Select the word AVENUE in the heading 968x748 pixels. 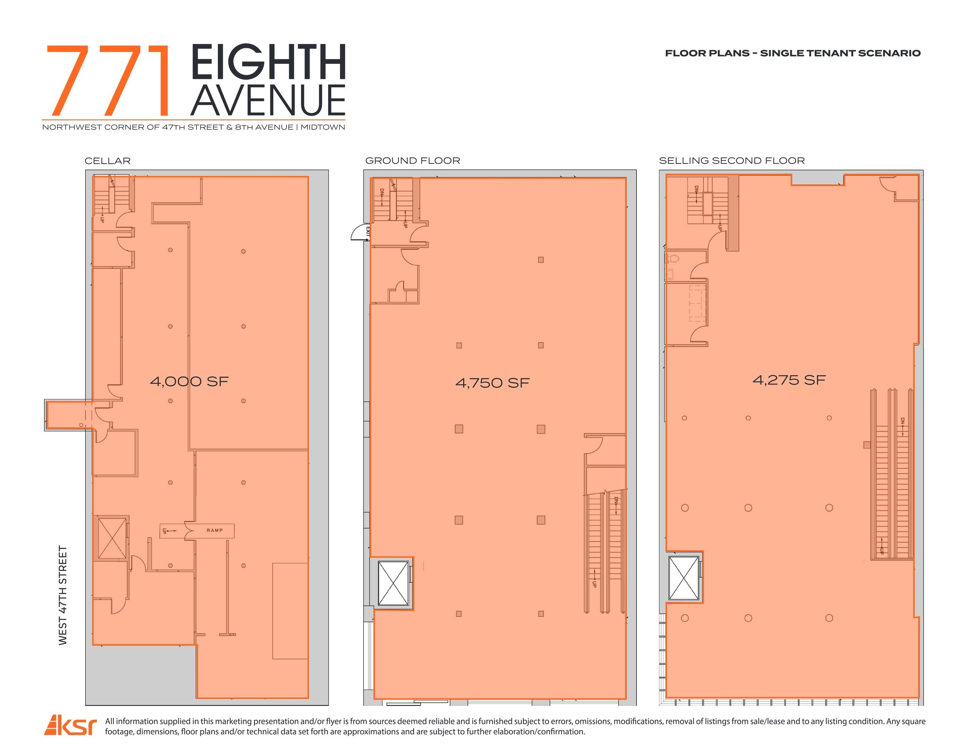[268, 100]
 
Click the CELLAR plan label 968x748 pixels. [108, 161]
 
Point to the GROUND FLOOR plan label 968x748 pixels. [412, 161]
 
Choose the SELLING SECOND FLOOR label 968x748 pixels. [732, 161]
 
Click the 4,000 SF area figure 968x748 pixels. [189, 381]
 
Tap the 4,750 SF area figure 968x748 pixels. [492, 383]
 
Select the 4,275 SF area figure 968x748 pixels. [789, 380]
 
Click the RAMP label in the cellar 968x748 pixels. [214, 530]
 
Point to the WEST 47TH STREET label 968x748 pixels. [63, 595]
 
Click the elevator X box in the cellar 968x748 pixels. [112, 538]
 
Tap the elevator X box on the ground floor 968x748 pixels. [393, 583]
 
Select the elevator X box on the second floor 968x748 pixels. [683, 578]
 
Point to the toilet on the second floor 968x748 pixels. [673, 258]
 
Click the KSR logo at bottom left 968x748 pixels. [70, 726]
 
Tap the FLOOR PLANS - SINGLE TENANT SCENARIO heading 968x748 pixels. [793, 53]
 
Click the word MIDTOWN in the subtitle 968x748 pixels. [323, 127]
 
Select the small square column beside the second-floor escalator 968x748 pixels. [866, 445]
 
